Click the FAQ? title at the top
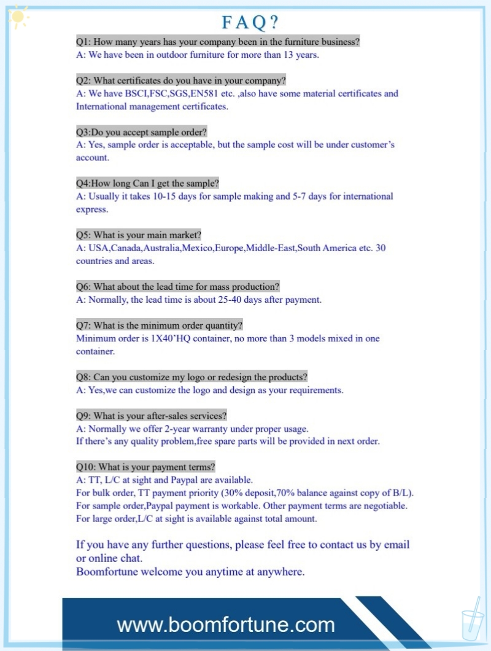point(250,23)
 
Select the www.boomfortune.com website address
point(226,625)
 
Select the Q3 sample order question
point(141,132)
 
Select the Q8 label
point(83,376)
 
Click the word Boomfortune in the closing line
point(107,572)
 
